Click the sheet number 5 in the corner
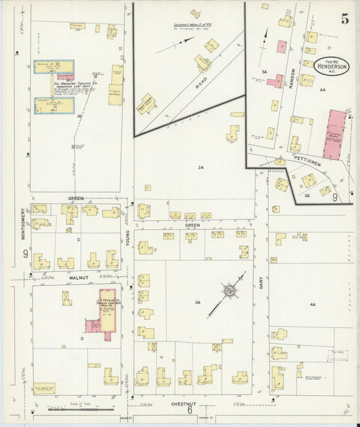coord(344,19)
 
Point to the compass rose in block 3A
coord(230,291)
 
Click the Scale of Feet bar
coord(80,407)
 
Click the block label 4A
coord(313,305)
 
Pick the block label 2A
coord(200,167)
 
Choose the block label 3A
coord(197,303)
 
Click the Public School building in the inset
coord(147,105)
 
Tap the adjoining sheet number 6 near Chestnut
coord(190,410)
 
